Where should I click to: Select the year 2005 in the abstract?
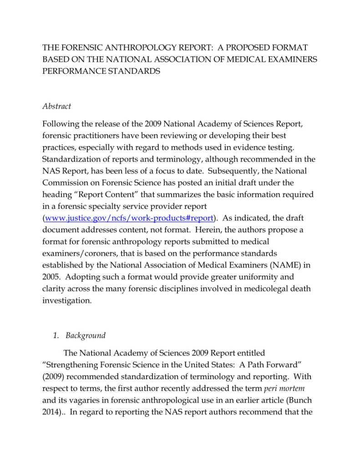(x=53, y=276)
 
